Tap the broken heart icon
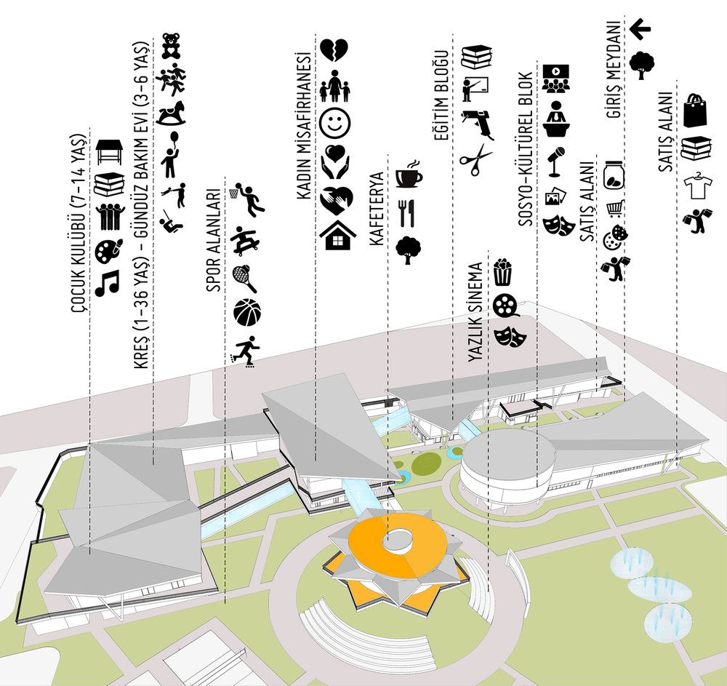pos(334,50)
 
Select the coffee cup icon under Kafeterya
pos(409,174)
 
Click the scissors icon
pos(476,160)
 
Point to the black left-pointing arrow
pos(640,29)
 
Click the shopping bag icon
pos(696,110)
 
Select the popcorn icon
pos(503,272)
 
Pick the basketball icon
pos(246,312)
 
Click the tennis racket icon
pos(244,279)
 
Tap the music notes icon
pos(107,283)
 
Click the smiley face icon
pos(334,123)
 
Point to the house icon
pos(338,235)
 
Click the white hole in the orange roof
pos(398,540)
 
